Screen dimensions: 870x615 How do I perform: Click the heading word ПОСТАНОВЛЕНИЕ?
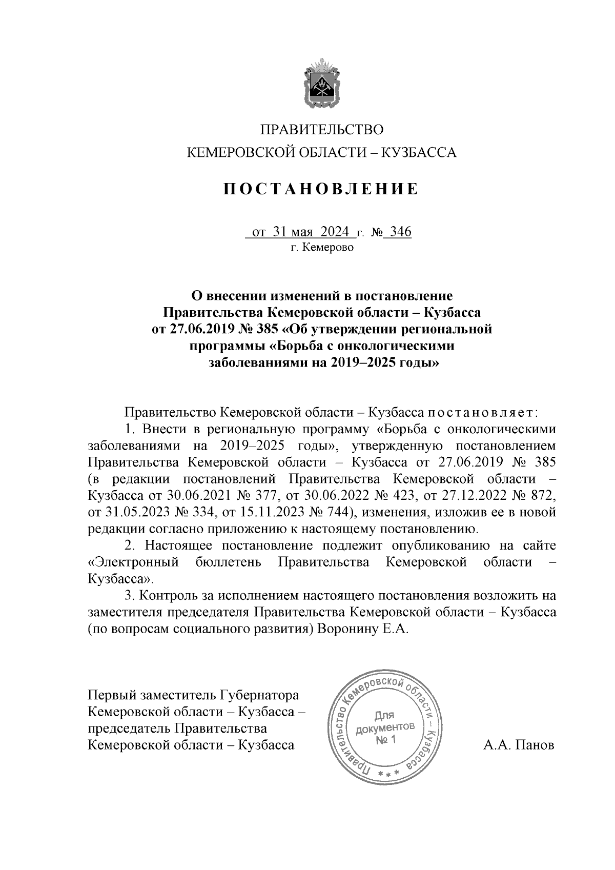pos(321,190)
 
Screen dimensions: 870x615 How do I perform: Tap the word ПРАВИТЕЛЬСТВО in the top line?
pos(322,130)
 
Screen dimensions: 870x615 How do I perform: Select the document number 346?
pos(401,232)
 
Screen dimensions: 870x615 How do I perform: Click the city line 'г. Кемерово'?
pos(322,248)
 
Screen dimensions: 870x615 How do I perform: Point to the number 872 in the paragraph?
pos(542,496)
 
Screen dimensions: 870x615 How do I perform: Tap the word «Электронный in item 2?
pos(133,562)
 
